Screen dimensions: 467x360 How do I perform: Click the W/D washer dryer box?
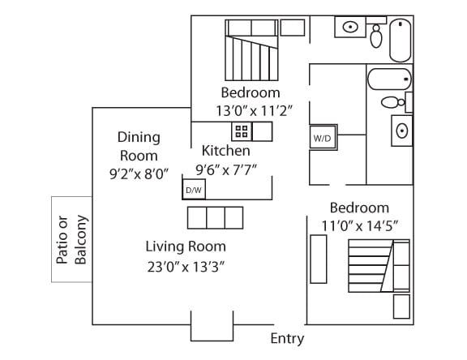coord(323,137)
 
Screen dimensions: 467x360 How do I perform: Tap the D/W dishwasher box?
coord(194,190)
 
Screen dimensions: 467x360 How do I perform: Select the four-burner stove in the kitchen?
coord(242,131)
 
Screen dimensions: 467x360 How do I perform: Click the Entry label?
coord(287,339)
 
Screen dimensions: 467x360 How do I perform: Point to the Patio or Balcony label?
coord(71,240)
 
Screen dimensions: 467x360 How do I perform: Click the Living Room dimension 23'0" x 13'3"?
coord(186,267)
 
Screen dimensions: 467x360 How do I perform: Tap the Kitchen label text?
coord(225,151)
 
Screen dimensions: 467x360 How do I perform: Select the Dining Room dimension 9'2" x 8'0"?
coord(139,174)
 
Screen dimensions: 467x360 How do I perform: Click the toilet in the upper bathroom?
coord(376,36)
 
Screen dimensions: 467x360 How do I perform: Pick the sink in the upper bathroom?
coord(350,27)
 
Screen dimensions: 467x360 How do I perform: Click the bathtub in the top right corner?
coord(401,41)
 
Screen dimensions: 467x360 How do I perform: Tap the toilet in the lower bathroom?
coord(393,102)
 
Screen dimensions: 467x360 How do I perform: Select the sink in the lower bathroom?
coord(402,131)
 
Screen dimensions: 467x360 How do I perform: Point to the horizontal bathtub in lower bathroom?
coord(389,79)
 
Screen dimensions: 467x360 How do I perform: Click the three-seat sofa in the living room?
coord(216,217)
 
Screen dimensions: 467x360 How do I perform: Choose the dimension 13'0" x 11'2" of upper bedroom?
coord(255,111)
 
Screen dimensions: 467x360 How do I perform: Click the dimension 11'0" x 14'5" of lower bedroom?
coord(359,226)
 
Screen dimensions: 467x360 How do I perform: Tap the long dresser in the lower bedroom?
coord(319,259)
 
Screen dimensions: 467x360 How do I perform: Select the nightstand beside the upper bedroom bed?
coord(293,28)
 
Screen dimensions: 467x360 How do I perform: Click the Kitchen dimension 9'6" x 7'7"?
coord(226,170)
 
